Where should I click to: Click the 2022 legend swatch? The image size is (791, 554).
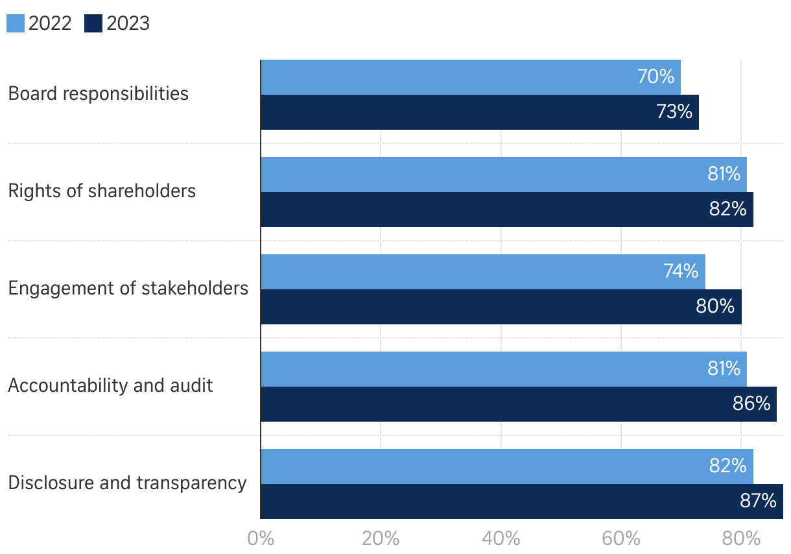pos(16,24)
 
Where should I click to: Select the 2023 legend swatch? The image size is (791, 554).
pos(94,24)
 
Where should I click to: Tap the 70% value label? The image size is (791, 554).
pos(656,77)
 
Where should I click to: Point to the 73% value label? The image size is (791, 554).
pos(674,112)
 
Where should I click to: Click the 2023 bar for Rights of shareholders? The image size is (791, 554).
pos(506,210)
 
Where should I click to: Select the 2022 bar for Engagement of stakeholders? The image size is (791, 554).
pos(482,272)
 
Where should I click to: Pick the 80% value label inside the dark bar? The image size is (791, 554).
pos(715,306)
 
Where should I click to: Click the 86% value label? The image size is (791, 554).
pos(751,403)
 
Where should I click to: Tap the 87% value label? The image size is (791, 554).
pos(758,501)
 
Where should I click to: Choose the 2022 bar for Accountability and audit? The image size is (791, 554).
pos(503,369)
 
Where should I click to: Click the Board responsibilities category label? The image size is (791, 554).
pos(99,93)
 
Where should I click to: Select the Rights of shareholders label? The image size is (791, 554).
pos(102,191)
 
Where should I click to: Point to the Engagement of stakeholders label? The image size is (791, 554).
pos(128,288)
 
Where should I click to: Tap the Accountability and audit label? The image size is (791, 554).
pos(111,385)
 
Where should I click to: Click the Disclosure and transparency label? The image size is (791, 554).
pos(128,483)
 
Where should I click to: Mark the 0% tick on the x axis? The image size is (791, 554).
pos(261,539)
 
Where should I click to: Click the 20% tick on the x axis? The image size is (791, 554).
pos(381,539)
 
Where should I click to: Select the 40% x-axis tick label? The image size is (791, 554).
pos(501,539)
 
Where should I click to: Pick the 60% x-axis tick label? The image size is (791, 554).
pos(621,539)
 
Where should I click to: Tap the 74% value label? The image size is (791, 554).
pos(681,271)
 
